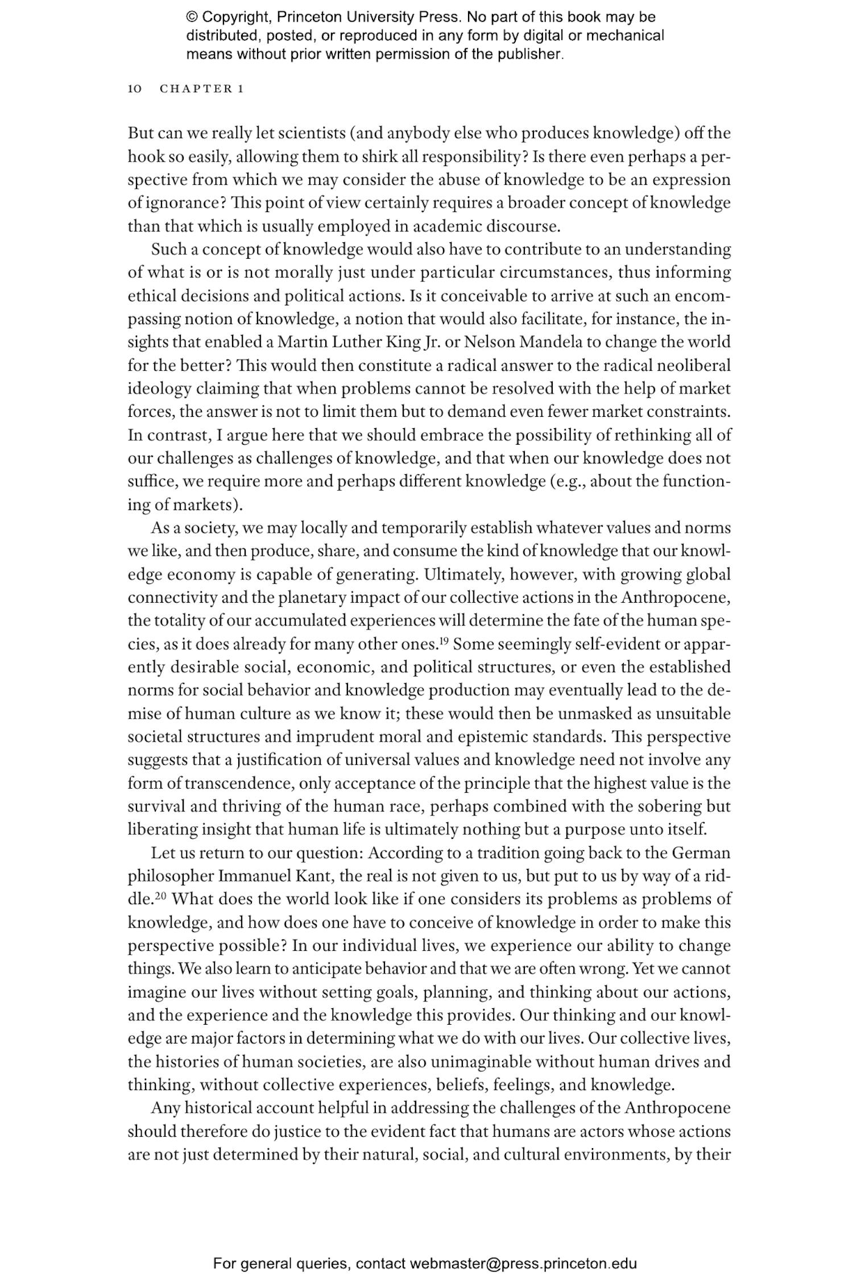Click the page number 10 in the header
(x=135, y=89)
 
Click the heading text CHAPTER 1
(x=202, y=89)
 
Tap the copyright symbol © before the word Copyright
(x=192, y=17)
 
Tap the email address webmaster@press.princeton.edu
(x=523, y=1264)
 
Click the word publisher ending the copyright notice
(x=529, y=55)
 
